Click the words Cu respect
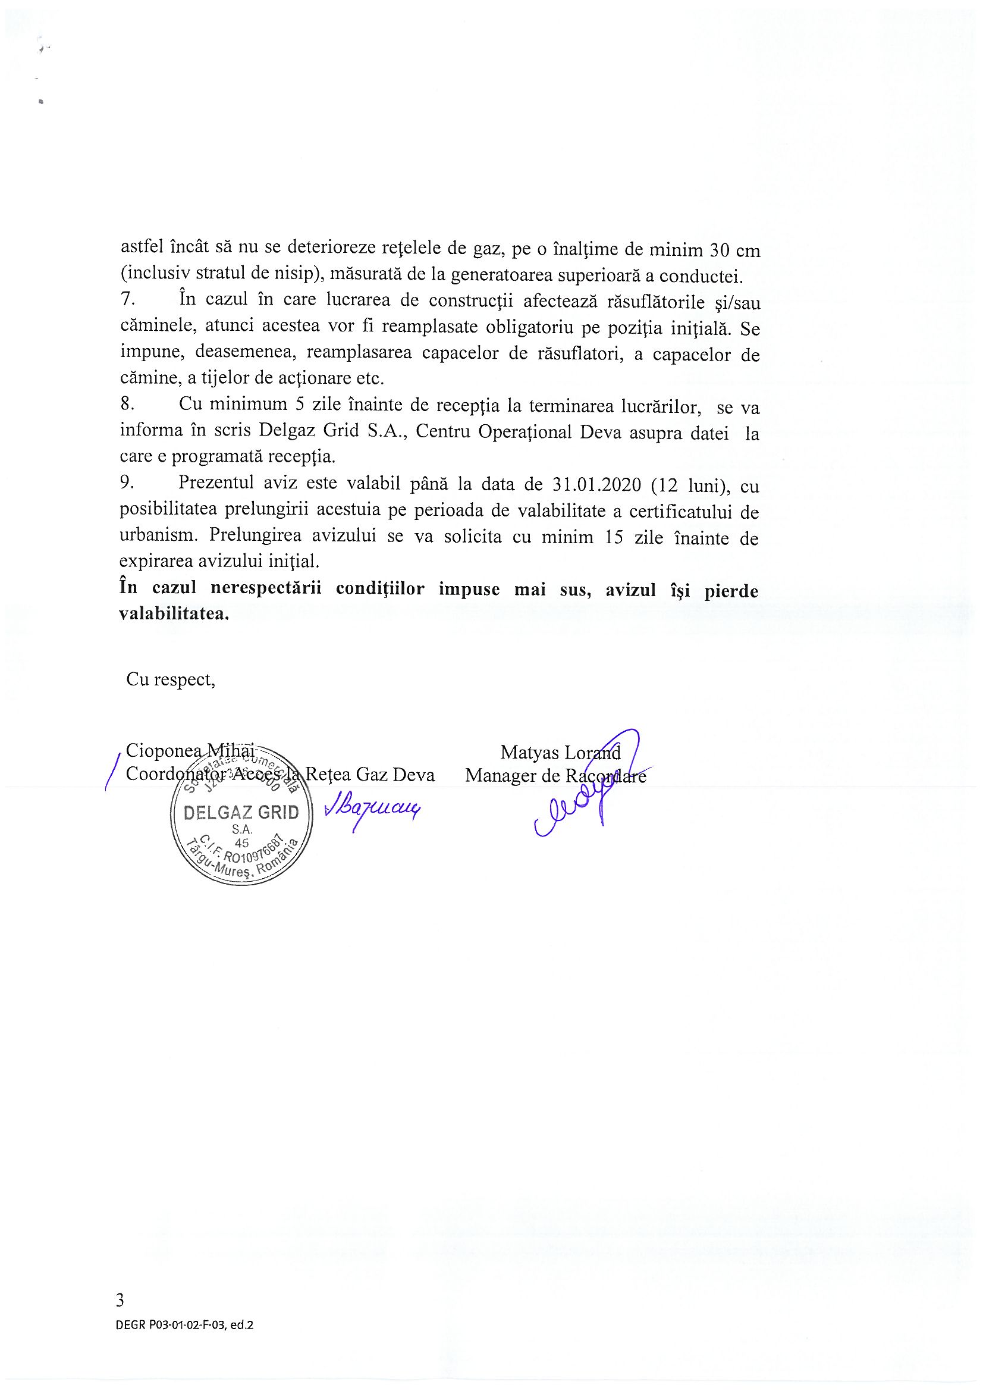(x=171, y=679)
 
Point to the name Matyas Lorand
(x=560, y=753)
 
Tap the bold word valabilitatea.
(x=174, y=614)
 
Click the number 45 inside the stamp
(x=241, y=842)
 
